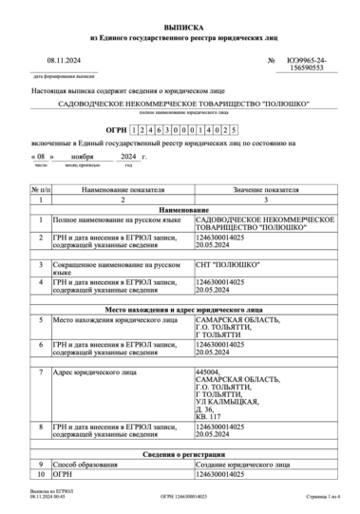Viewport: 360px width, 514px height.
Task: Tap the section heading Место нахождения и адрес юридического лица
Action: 180,310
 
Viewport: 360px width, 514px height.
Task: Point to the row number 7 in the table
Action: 41,371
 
